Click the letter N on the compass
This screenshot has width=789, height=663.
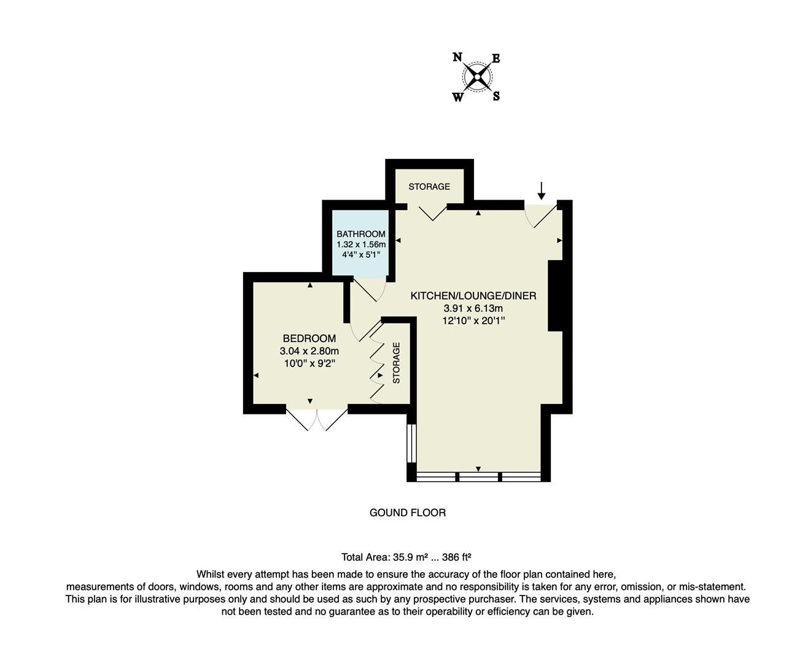[457, 57]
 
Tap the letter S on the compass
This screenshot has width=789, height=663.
[496, 96]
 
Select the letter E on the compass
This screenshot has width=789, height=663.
[496, 58]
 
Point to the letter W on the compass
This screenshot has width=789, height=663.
[458, 97]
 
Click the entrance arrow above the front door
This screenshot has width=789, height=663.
[541, 190]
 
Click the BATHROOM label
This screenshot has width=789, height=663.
[361, 234]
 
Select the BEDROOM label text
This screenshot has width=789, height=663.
[309, 338]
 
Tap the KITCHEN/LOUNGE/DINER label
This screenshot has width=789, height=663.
[473, 296]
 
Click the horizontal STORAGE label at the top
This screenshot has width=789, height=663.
[429, 187]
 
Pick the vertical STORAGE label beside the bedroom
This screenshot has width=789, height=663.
[396, 363]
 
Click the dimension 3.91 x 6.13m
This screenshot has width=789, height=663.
[473, 309]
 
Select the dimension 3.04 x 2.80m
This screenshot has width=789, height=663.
[309, 351]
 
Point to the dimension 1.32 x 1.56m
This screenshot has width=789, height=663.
[361, 244]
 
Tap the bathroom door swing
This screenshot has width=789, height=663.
[370, 290]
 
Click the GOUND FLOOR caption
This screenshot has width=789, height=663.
[408, 513]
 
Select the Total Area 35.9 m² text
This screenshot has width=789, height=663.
[406, 557]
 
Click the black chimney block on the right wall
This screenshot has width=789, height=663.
[555, 296]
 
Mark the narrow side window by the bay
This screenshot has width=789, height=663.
[411, 443]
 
